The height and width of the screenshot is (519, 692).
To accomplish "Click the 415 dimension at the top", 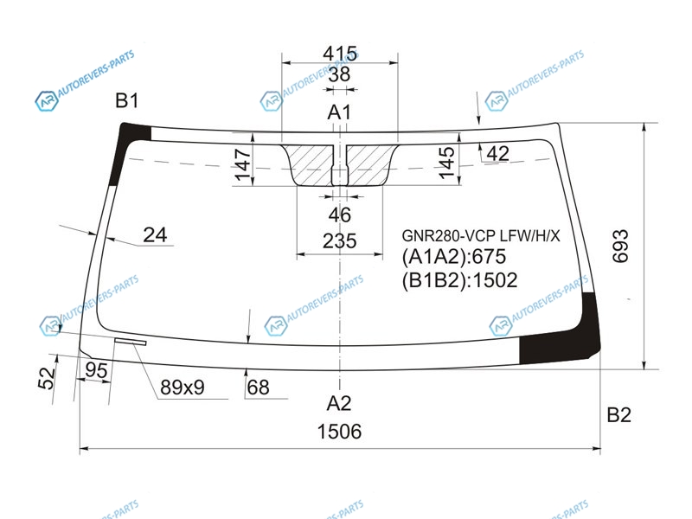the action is [x=339, y=54].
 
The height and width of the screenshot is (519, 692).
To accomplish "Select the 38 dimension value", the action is [x=339, y=74].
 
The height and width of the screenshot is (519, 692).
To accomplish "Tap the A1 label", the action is [x=339, y=112].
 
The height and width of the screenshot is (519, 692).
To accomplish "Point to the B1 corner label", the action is [x=126, y=100].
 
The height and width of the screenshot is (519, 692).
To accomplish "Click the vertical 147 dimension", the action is [x=243, y=164].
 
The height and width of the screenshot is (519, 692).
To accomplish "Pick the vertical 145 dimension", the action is [x=446, y=163].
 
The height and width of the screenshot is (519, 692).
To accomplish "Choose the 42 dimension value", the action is [x=498, y=154].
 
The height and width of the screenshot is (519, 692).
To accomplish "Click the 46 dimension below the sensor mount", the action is [x=339, y=215].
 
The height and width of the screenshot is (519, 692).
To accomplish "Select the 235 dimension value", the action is [x=339, y=241].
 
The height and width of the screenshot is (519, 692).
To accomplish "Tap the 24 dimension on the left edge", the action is [x=155, y=234].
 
